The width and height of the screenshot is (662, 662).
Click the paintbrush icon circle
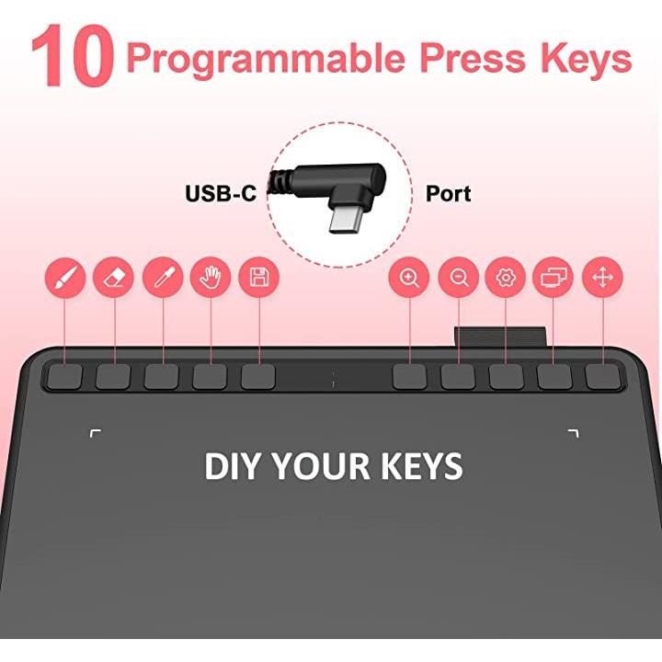tap(65, 278)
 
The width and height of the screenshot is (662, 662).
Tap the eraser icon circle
tap(114, 278)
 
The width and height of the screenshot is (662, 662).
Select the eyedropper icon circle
tap(163, 278)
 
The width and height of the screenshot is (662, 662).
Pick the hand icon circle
tap(211, 278)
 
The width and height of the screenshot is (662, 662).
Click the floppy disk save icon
tap(258, 278)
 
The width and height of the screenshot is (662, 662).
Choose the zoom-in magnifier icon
tap(409, 278)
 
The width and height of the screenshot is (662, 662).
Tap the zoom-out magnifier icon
tap(458, 278)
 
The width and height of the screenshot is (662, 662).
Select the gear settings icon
tap(506, 278)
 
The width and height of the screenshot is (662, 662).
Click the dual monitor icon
tap(554, 278)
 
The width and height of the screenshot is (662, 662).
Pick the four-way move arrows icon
tap(602, 278)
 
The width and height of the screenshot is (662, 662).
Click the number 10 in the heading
tap(73, 56)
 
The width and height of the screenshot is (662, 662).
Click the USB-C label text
tap(221, 194)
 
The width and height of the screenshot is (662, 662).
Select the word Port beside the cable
tap(449, 194)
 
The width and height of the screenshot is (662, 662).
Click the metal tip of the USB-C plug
tap(345, 221)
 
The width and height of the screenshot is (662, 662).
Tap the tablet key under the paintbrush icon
tap(64, 376)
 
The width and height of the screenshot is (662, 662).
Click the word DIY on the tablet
tap(231, 465)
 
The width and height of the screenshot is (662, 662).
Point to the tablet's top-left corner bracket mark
tap(96, 434)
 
